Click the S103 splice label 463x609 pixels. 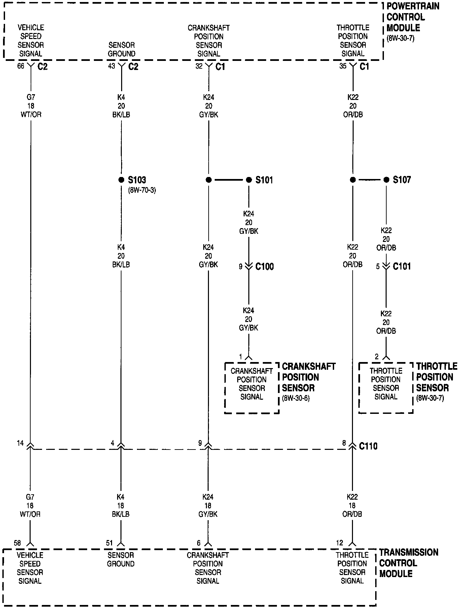click(137, 180)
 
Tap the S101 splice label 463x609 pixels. click(264, 180)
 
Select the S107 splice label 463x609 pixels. click(402, 180)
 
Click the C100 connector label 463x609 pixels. click(264, 266)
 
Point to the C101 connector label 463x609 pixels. click(402, 266)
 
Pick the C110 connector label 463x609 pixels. click(368, 446)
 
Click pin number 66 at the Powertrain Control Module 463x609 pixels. click(21, 66)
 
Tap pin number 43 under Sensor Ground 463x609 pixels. click(111, 66)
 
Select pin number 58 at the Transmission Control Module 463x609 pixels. click(17, 543)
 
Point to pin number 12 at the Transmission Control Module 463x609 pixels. click(340, 543)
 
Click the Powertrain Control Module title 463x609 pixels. click(413, 17)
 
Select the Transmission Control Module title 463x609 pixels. click(408, 563)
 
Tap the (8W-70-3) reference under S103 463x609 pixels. click(142, 190)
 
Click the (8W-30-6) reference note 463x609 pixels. click(296, 398)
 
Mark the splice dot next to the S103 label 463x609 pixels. click(121, 180)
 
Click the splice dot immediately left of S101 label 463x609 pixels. click(249, 180)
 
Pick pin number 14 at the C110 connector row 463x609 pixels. click(20, 443)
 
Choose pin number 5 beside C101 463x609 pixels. click(378, 266)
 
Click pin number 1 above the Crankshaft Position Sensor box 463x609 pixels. click(241, 357)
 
